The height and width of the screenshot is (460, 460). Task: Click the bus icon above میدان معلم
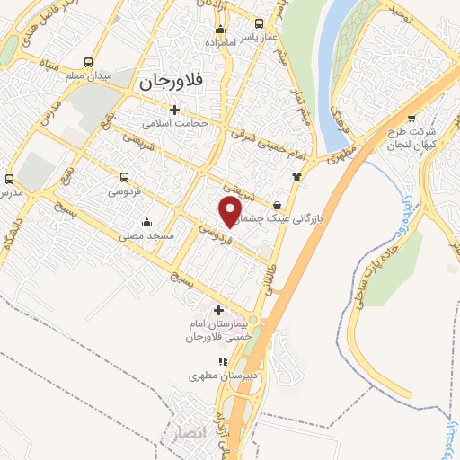pos(88,62)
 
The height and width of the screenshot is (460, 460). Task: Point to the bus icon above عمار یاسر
pos(260,24)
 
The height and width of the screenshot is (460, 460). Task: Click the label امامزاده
pos(218,42)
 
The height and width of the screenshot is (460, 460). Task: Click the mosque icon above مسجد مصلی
pos(147,222)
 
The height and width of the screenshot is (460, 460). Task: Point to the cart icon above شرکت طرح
pos(411,117)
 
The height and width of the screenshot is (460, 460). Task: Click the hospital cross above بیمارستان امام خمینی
pos(218,310)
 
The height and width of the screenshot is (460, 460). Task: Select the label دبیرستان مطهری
pos(218,376)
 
